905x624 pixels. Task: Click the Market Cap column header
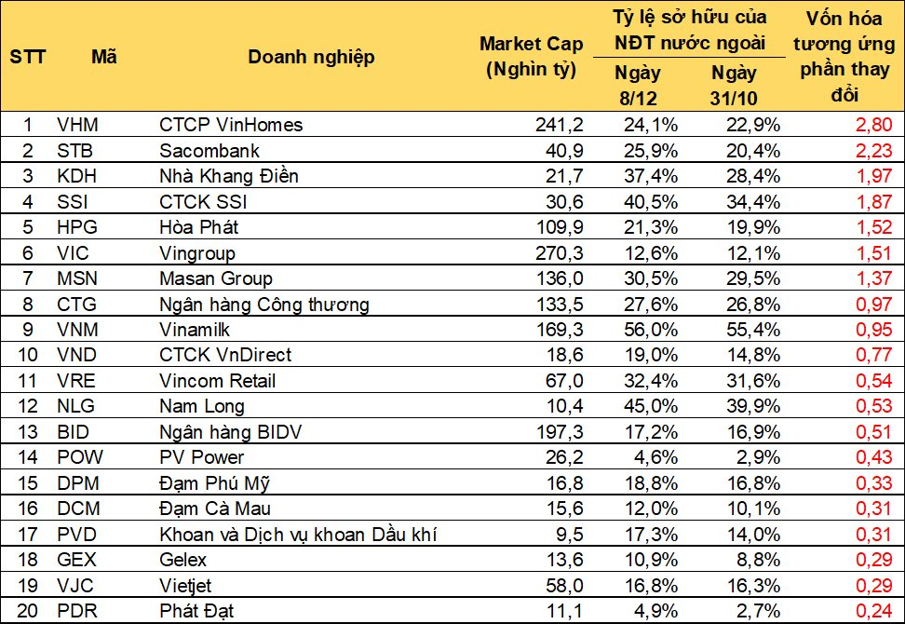tap(531, 56)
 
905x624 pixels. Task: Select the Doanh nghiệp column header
tap(311, 57)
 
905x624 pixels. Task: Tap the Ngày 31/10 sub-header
tap(733, 85)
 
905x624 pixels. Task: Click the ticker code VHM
tap(78, 125)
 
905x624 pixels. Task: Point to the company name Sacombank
tap(209, 151)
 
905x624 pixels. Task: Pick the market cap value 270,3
tap(560, 252)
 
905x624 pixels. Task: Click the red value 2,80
tap(874, 125)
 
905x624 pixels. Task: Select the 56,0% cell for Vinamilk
tap(651, 330)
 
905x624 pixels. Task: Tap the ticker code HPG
tap(77, 227)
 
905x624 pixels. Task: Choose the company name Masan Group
tap(216, 278)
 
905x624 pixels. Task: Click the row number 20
tap(28, 611)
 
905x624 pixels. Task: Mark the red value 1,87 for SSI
tap(874, 201)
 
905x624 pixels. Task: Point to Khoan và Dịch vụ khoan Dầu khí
tap(298, 535)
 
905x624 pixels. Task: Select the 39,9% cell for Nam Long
tap(753, 406)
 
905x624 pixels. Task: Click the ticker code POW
tap(80, 457)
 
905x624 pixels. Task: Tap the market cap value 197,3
tap(560, 432)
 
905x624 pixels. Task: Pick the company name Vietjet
tap(185, 585)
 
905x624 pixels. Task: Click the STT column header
tap(27, 57)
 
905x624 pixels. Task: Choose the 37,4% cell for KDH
tap(651, 176)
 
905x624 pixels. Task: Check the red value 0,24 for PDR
tap(874, 611)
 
